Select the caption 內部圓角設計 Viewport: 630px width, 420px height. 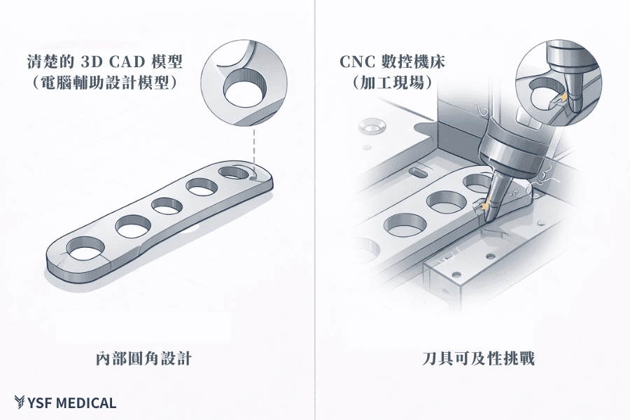coord(143,359)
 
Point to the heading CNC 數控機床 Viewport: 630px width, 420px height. coord(392,62)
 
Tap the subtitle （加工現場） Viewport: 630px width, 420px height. coord(392,82)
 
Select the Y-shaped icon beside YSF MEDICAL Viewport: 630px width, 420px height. coord(20,402)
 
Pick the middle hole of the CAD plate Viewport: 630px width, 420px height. coord(167,206)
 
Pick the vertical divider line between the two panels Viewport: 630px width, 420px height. coord(315,210)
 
